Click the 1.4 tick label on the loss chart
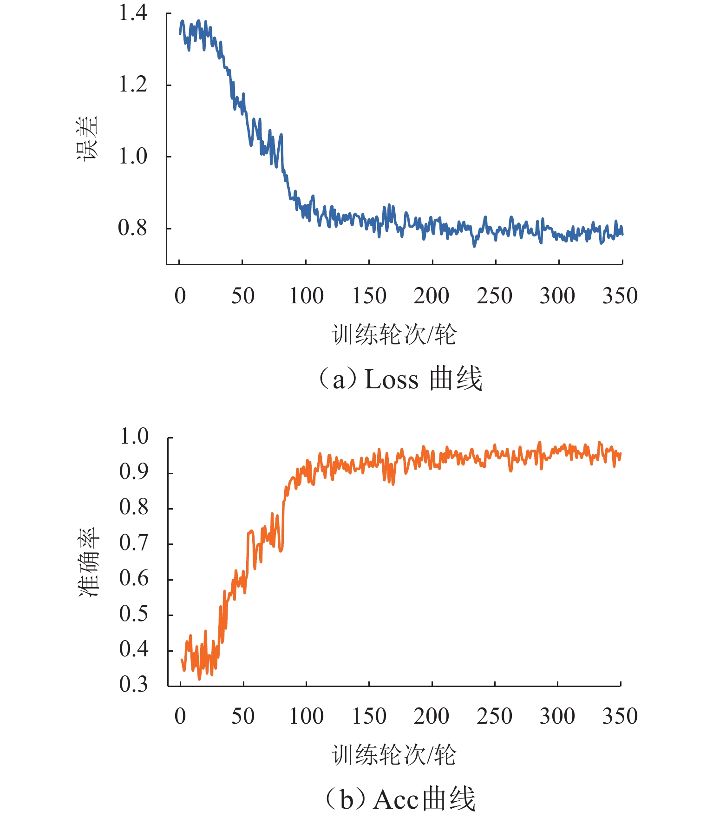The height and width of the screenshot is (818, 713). [x=133, y=13]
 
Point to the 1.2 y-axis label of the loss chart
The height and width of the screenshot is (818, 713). [x=133, y=85]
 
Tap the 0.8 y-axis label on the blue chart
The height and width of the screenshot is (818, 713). [x=133, y=228]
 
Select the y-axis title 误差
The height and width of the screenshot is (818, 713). [x=87, y=138]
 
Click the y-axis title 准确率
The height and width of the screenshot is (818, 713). [x=88, y=562]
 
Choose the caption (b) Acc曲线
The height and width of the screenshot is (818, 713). [x=400, y=799]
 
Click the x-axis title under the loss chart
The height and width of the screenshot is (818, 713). [x=394, y=334]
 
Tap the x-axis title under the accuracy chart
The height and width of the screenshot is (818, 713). [x=394, y=754]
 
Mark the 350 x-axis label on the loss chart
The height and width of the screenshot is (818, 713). [x=620, y=296]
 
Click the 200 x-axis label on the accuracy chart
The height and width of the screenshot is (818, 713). [x=431, y=716]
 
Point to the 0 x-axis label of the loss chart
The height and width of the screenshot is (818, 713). [x=180, y=296]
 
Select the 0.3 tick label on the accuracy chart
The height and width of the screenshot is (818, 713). [x=134, y=684]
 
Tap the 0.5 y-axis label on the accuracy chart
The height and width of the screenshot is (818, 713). [x=134, y=614]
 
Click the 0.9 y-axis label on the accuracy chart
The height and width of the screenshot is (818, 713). [x=134, y=472]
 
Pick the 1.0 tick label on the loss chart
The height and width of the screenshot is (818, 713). [x=133, y=156]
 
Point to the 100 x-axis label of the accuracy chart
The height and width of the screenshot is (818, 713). [x=306, y=716]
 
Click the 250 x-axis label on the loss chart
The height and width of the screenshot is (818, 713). [x=494, y=296]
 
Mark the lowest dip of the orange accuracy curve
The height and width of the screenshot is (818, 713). [x=200, y=679]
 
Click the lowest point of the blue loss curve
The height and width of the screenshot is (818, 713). [x=474, y=246]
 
